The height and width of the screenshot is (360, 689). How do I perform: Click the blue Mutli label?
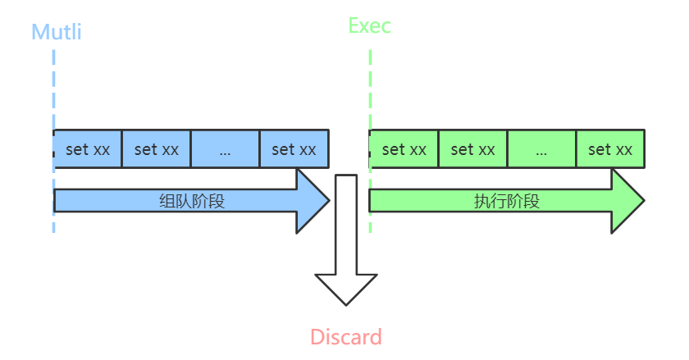57,32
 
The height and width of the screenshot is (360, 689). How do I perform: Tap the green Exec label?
370,25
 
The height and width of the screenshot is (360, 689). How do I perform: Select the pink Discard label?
346,337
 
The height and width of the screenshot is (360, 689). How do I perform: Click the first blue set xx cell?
88,149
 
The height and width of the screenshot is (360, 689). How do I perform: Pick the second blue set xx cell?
156,149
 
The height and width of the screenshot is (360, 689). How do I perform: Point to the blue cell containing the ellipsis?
225,149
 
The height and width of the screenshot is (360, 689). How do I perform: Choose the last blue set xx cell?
294,149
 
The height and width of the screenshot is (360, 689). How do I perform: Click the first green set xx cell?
404,149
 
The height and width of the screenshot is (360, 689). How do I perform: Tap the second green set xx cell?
472,149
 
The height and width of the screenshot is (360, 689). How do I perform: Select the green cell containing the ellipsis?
541,149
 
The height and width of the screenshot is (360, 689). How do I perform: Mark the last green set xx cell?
610,149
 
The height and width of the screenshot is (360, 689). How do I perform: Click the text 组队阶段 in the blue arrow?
192,201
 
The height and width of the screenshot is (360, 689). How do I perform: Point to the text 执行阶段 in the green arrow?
507,201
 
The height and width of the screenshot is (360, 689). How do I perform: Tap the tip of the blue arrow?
329,200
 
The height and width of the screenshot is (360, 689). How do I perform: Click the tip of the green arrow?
644,200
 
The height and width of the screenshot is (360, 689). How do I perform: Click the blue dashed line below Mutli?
53,141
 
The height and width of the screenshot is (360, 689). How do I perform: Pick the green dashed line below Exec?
371,141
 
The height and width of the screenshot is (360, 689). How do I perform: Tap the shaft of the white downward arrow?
346,225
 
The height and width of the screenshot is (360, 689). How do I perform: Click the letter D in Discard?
317,337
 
